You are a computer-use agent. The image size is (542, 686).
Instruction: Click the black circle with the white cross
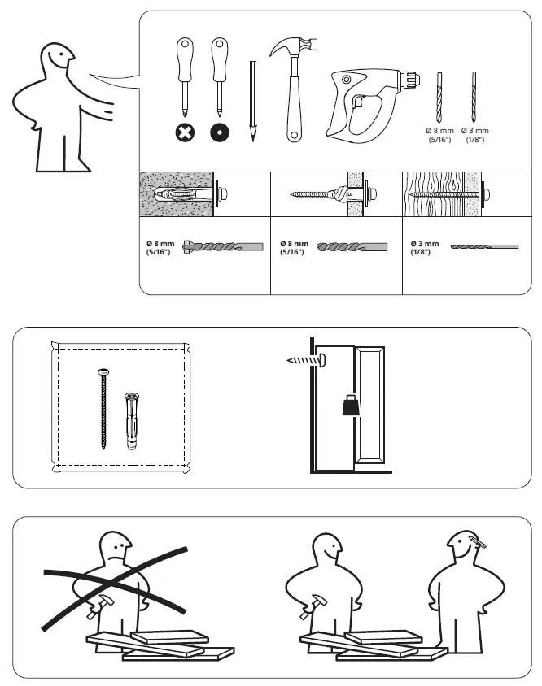[x=186, y=133]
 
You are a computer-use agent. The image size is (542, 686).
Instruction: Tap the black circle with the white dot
[x=219, y=133]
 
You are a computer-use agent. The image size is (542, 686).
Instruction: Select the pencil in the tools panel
[x=252, y=101]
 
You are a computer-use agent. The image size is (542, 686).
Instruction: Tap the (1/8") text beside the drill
[x=474, y=141]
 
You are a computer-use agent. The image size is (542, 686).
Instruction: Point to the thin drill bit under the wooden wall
[x=483, y=245]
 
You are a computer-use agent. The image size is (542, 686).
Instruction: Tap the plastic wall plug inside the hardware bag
[x=129, y=421]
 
